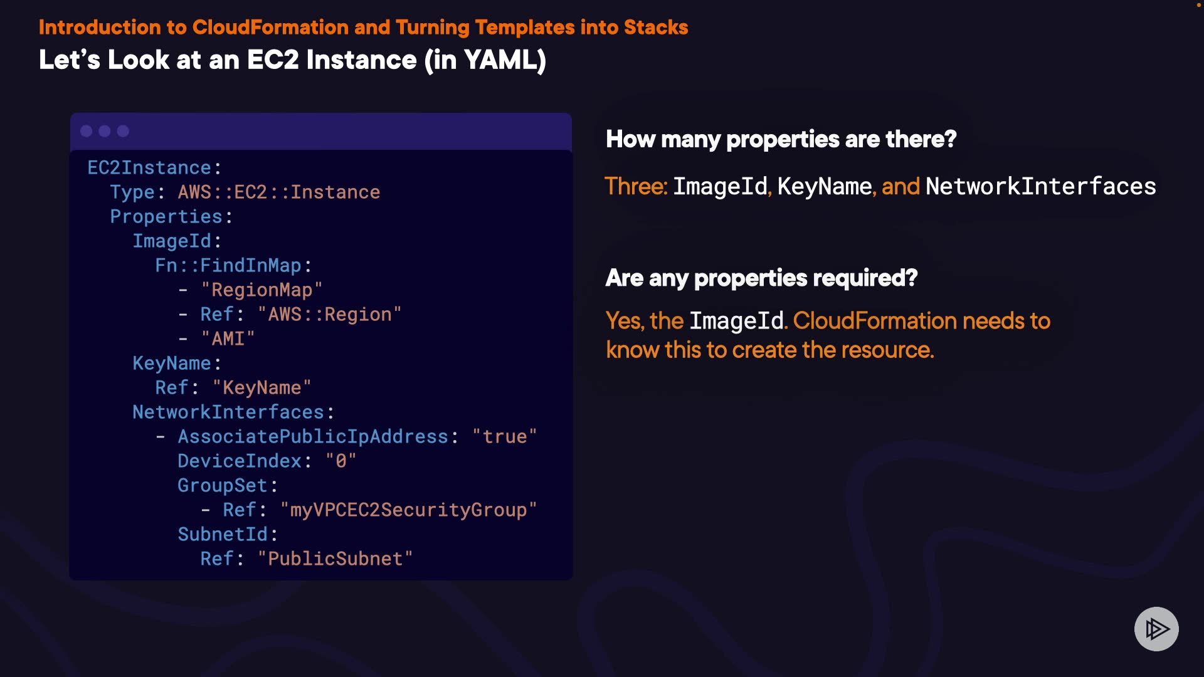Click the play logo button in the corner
click(x=1156, y=629)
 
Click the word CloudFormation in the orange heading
click(x=270, y=28)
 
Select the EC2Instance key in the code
click(x=149, y=168)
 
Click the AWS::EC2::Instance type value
click(x=278, y=192)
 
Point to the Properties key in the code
click(x=166, y=217)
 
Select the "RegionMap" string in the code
click(x=261, y=290)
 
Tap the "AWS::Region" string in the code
click(x=329, y=315)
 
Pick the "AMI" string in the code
click(x=228, y=339)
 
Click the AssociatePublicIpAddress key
click(x=313, y=437)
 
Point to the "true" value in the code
click(x=505, y=437)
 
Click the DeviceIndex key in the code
click(x=240, y=461)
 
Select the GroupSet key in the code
click(x=223, y=486)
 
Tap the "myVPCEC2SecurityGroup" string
click(x=408, y=510)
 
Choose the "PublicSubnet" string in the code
click(x=335, y=559)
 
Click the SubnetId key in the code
click(x=223, y=535)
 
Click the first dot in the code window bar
click(x=87, y=131)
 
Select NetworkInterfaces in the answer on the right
click(x=1040, y=187)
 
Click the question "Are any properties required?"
click(x=761, y=278)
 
